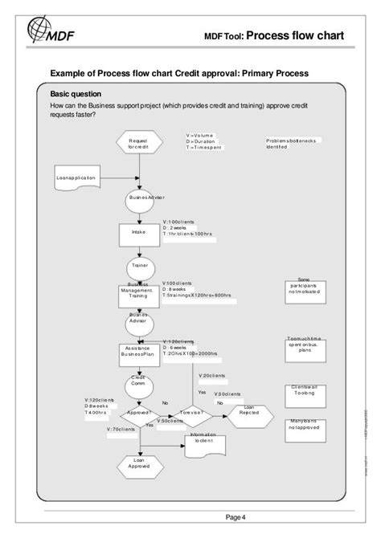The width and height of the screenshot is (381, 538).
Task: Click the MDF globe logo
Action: point(43,31)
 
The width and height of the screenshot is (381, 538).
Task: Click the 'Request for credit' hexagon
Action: point(137,144)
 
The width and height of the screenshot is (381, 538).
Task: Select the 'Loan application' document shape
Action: point(76,177)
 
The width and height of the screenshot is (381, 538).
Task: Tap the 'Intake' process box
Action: point(137,232)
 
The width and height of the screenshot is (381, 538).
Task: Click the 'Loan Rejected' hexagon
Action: point(248,413)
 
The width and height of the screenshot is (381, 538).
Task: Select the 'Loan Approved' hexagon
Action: point(137,463)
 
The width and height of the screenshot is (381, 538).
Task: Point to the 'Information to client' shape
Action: point(203,442)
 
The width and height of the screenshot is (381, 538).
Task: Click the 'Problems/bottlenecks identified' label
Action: point(293,144)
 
